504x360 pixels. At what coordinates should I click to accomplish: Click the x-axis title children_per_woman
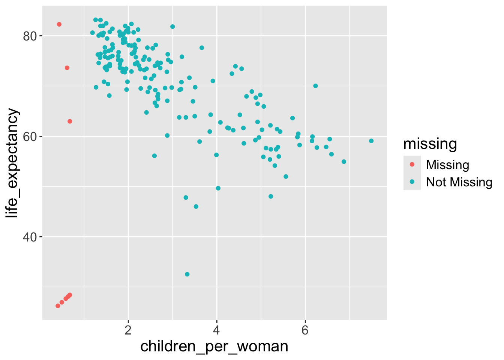tap(214, 346)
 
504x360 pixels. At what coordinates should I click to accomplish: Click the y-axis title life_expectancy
tap(12, 163)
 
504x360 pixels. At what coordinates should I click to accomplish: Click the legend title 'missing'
tap(430, 144)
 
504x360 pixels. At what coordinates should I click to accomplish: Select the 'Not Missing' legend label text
tap(459, 182)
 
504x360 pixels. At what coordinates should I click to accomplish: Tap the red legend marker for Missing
tap(412, 165)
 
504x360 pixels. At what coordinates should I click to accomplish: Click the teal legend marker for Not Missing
tap(412, 182)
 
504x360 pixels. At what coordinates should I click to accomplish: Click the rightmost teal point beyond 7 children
tap(371, 141)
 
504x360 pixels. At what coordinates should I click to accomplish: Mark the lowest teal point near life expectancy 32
tap(187, 274)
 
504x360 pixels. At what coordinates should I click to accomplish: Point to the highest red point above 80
tap(59, 24)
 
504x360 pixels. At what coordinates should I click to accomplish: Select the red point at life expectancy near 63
tap(70, 121)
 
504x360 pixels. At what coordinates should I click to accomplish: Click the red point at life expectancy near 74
tap(67, 68)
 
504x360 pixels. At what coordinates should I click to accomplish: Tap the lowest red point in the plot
tap(58, 306)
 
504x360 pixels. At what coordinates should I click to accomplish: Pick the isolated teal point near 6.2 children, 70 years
tap(315, 86)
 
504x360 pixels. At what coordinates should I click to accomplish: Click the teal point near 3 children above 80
tap(172, 27)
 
